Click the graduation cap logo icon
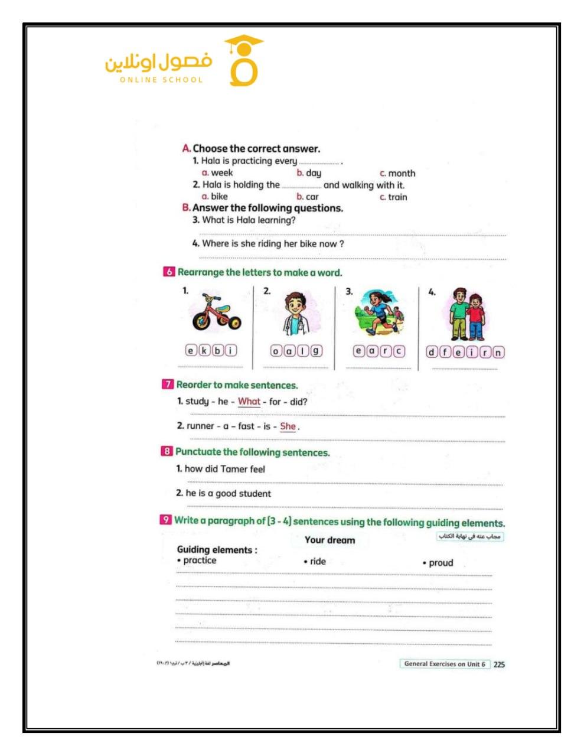click(243, 61)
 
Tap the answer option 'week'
click(221, 173)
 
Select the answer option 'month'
click(402, 174)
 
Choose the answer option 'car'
click(312, 197)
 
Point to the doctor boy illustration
click(296, 314)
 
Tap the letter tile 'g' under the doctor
click(317, 351)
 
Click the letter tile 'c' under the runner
click(400, 351)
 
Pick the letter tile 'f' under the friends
click(445, 353)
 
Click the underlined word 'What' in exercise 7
click(249, 402)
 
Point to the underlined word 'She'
click(288, 426)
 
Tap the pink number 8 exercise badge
click(167, 452)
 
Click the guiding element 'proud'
click(441, 563)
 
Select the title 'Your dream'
click(329, 540)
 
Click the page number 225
click(499, 664)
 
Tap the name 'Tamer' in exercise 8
click(234, 469)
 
